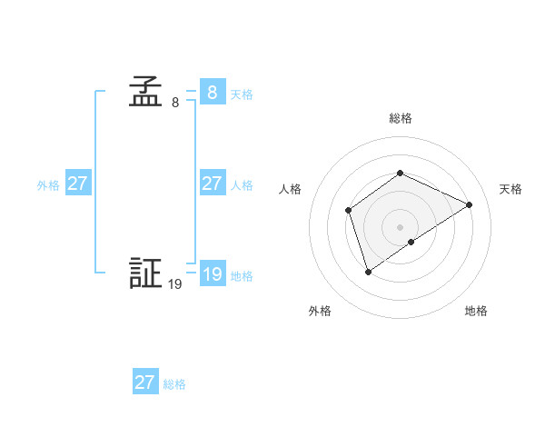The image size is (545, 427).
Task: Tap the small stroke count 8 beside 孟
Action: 175,103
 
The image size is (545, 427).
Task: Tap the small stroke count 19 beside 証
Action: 175,284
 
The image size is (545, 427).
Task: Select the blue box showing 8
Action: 212,93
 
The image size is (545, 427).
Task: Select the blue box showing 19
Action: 212,274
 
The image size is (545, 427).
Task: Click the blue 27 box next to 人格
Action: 212,184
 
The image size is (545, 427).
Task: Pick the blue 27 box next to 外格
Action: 77,184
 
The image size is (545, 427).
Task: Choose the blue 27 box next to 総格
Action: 144,382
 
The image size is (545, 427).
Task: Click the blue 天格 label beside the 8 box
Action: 242,94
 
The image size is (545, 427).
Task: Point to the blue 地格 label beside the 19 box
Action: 242,276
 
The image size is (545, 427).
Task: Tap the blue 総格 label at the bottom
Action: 174,384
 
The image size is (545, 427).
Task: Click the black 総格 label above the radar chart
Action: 400,118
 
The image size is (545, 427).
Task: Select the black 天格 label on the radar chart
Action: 511,189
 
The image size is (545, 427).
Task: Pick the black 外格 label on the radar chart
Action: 320,312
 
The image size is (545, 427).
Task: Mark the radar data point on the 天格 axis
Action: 470,204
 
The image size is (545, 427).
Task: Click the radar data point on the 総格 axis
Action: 400,173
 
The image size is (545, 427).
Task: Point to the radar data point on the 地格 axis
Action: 411,242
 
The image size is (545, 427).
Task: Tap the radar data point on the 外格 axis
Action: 368,271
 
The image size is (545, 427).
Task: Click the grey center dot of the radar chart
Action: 400,226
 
